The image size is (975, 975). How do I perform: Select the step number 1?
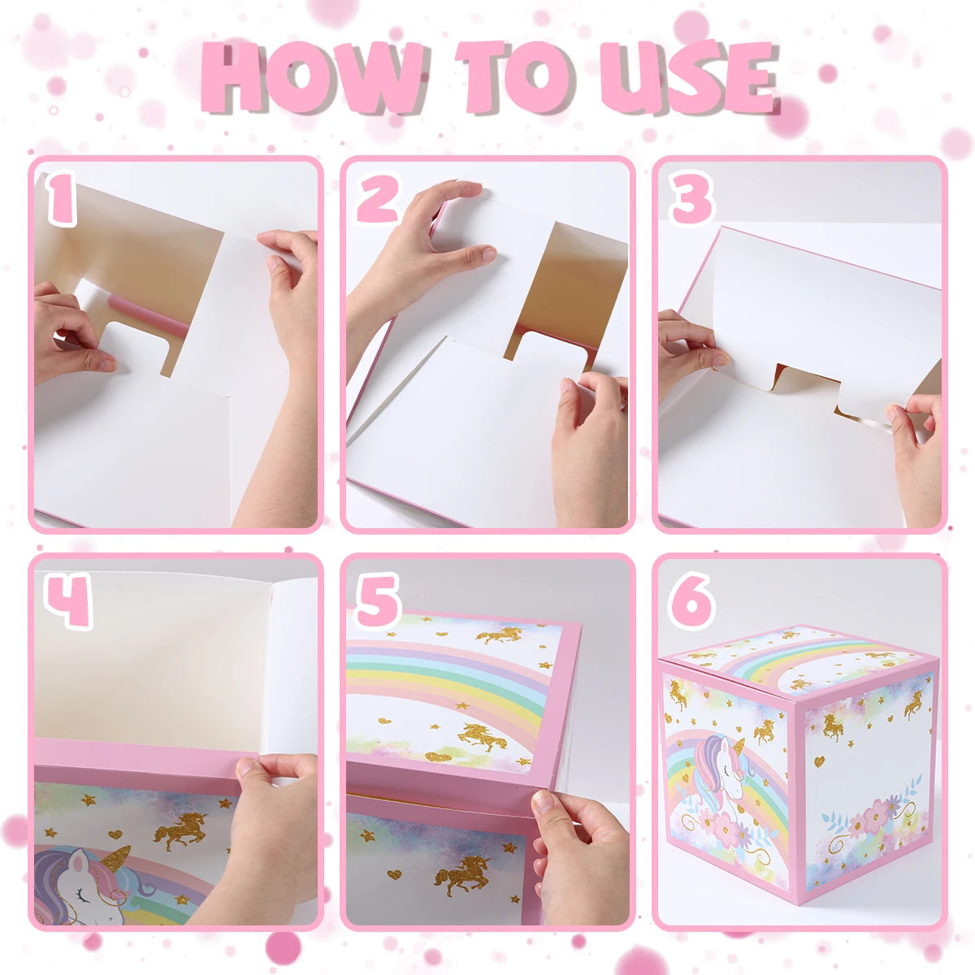(x=61, y=198)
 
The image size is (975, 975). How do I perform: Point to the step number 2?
(x=379, y=198)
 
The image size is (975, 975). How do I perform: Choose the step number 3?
(x=692, y=198)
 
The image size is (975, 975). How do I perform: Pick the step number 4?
(x=68, y=601)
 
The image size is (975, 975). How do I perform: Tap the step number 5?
(x=379, y=601)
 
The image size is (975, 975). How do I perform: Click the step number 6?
(x=693, y=601)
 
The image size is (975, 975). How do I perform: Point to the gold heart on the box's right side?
(x=819, y=760)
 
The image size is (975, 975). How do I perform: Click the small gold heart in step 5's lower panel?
(x=394, y=873)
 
